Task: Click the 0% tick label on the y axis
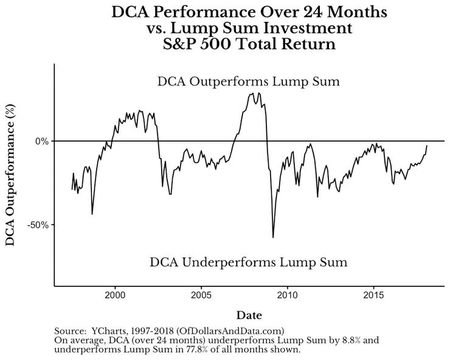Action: tap(41, 141)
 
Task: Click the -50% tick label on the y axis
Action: tap(38, 225)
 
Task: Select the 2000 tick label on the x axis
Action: tap(116, 296)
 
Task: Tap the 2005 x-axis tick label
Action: tap(201, 296)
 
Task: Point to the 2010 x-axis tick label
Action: tap(287, 296)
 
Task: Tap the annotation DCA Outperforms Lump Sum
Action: tap(248, 81)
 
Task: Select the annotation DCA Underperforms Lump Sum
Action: tap(248, 263)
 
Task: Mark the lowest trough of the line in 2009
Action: tap(273, 237)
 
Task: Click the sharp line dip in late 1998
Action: tap(92, 213)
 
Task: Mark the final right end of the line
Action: tap(427, 145)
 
